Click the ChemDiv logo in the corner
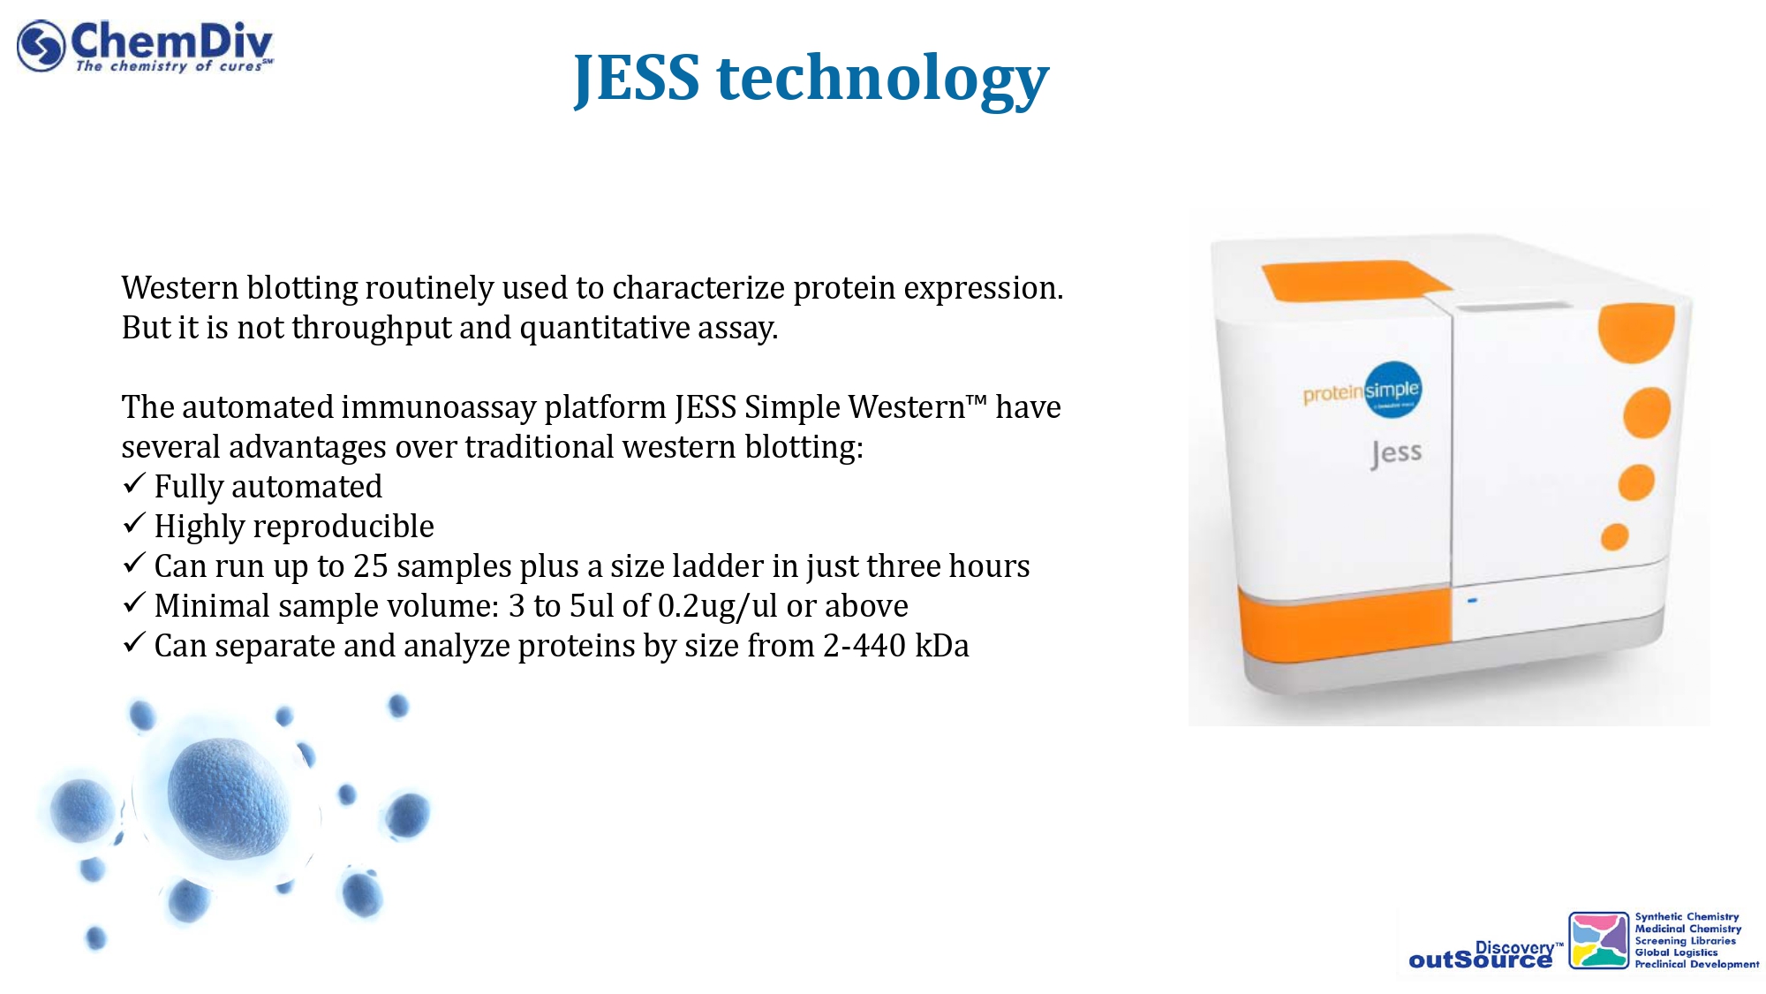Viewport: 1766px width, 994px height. click(145, 46)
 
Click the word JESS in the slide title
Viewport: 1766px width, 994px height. click(637, 80)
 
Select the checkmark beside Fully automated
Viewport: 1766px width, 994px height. click(133, 483)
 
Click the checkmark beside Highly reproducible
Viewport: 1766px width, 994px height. click(133, 523)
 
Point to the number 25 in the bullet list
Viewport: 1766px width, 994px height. click(371, 566)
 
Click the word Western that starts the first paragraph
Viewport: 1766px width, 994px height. click(180, 288)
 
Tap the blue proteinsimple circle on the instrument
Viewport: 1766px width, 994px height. click(1393, 390)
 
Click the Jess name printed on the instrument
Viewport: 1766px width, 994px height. click(1396, 453)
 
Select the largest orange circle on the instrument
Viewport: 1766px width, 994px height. click(1636, 331)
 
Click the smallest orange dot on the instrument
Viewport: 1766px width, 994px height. click(1615, 536)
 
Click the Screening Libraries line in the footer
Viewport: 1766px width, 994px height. click(1685, 941)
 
